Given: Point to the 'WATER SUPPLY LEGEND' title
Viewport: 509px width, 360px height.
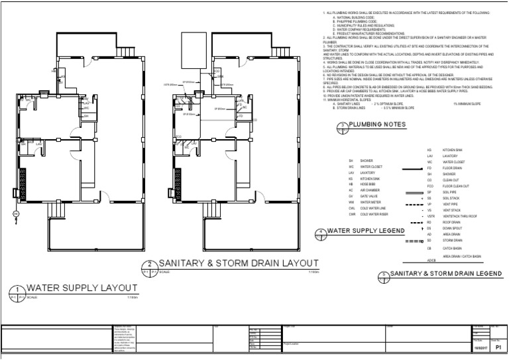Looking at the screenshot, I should pyautogui.click(x=366, y=231).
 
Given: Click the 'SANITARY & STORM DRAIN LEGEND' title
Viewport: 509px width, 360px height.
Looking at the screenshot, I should pyautogui.click(x=445, y=273).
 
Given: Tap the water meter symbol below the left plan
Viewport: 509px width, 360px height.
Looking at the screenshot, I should pyautogui.click(x=16, y=213).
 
